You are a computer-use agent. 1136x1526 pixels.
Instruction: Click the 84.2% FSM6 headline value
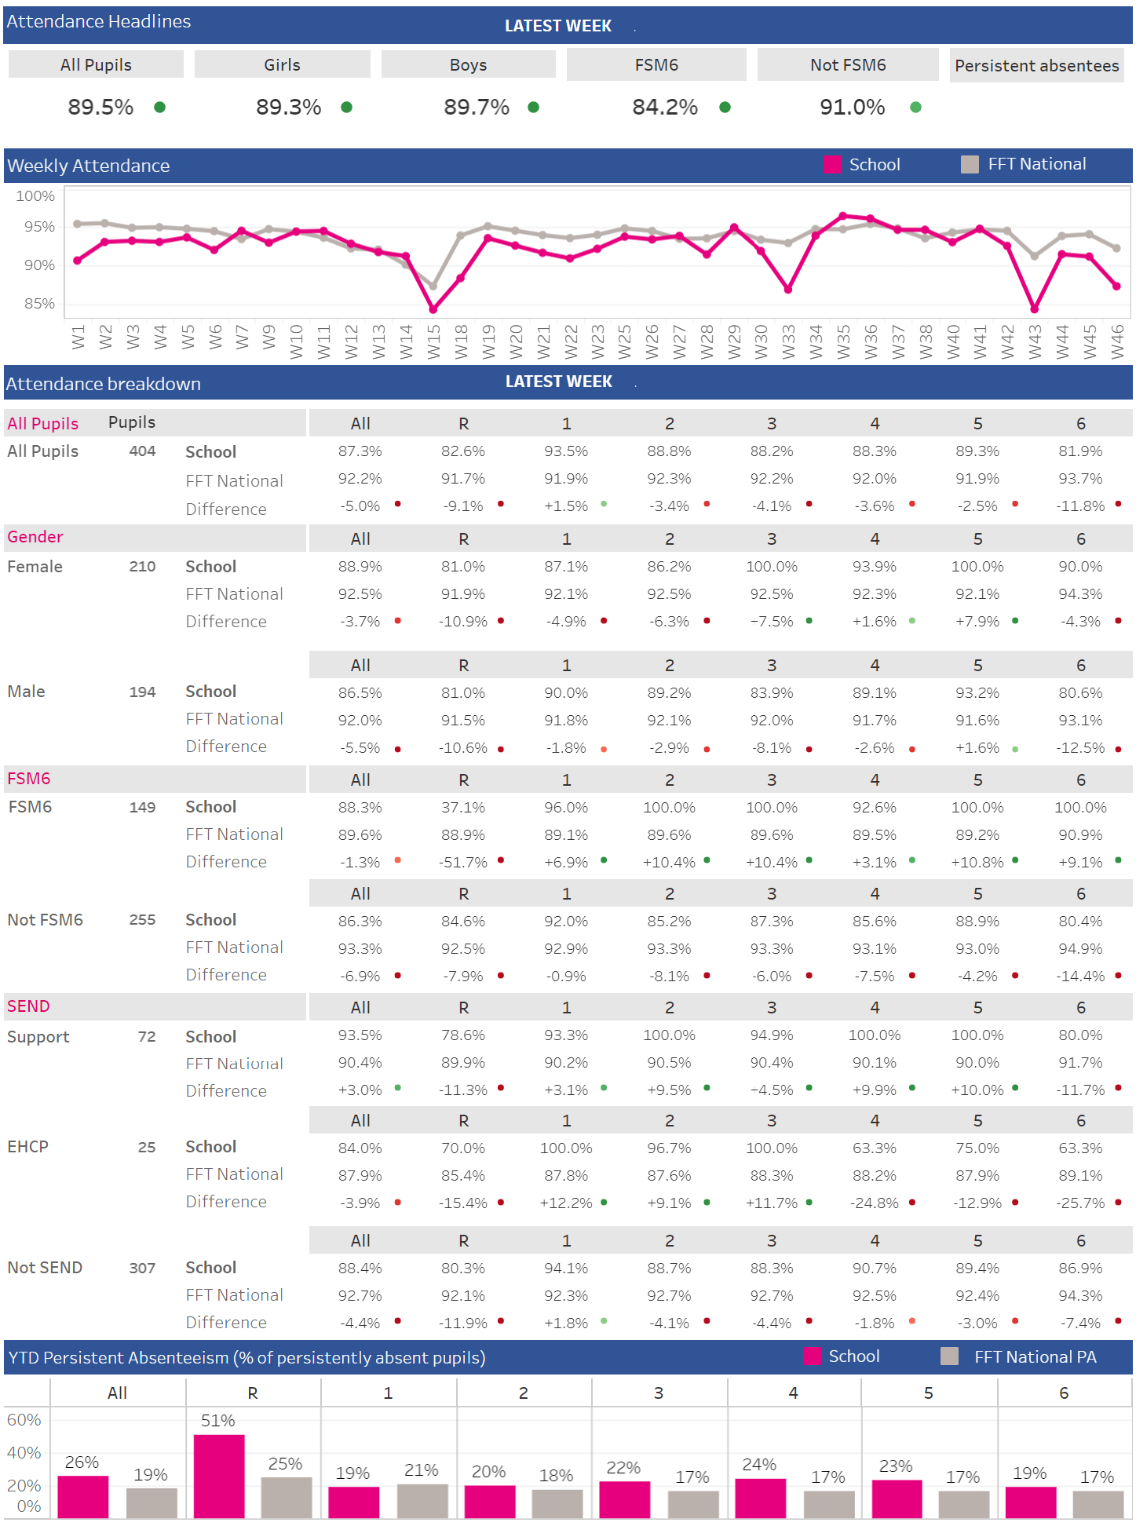[x=664, y=107]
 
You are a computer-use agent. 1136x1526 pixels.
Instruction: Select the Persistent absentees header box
[x=1036, y=65]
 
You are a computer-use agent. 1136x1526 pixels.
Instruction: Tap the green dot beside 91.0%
[x=915, y=108]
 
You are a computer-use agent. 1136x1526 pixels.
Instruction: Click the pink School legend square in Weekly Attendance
[x=832, y=165]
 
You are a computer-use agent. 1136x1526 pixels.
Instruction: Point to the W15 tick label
[x=433, y=342]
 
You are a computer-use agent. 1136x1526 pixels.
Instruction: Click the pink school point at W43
[x=1034, y=309]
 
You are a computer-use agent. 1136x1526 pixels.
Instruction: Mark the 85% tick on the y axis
[x=39, y=303]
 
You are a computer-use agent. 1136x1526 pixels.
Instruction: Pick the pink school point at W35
[x=842, y=215]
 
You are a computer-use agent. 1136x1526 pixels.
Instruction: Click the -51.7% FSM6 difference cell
[x=463, y=862]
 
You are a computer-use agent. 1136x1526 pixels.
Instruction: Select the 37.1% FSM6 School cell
[x=463, y=807]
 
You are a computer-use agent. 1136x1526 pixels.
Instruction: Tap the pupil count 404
[x=142, y=451]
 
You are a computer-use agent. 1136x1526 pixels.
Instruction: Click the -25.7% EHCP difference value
[x=1080, y=1203]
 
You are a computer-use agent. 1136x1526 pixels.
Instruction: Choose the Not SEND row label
[x=45, y=1267]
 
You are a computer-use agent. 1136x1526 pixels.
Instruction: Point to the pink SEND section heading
[x=28, y=1006]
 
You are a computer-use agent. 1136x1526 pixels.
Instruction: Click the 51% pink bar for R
[x=219, y=1476]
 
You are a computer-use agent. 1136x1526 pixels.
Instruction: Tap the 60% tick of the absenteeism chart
[x=24, y=1419]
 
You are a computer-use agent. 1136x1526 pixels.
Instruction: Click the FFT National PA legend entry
[x=1034, y=1356]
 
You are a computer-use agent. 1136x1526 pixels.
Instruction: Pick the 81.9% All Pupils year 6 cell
[x=1080, y=451]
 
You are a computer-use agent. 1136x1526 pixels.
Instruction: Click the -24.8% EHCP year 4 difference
[x=874, y=1203]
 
